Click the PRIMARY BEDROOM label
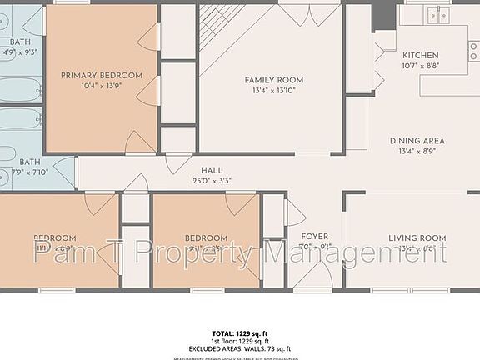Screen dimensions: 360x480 tap(102, 75)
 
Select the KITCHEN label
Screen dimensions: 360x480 tap(421, 55)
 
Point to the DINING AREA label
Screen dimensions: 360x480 tap(417, 141)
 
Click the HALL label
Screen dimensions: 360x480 tap(211, 170)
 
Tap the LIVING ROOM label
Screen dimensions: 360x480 tap(417, 238)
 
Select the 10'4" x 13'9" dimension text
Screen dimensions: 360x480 tap(102, 86)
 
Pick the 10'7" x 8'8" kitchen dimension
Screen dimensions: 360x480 tap(421, 65)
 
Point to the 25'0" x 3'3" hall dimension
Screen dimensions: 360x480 tap(211, 180)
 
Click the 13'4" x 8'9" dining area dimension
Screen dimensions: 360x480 tap(417, 152)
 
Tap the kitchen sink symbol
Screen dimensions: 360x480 tap(437, 14)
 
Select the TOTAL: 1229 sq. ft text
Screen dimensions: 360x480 tap(240, 332)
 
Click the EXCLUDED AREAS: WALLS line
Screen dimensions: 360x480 tap(240, 349)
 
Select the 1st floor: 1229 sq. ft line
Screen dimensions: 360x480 tap(240, 341)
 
